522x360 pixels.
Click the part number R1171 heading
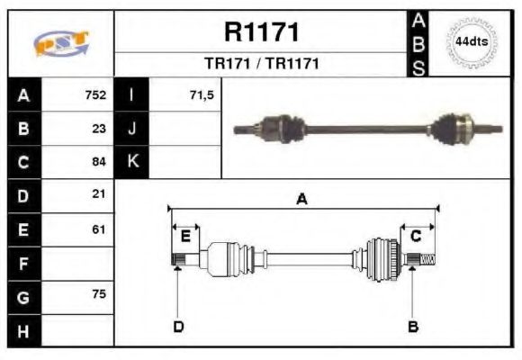(x=261, y=32)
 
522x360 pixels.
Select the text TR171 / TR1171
(x=261, y=64)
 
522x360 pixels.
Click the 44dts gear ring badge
(x=471, y=42)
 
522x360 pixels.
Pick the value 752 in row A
(x=95, y=94)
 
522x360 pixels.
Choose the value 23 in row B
(x=99, y=128)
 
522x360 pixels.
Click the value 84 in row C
(x=99, y=162)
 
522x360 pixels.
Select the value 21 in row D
(x=99, y=194)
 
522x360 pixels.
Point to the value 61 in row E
(x=99, y=229)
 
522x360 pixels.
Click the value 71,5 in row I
(x=202, y=94)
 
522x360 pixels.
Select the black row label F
(x=23, y=264)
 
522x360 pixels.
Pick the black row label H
(x=23, y=331)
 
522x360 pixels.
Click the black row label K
(x=132, y=162)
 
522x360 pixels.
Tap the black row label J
(x=132, y=128)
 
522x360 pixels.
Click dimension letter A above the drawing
(x=302, y=199)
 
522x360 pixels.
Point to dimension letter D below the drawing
(x=178, y=326)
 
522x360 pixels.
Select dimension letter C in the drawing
(x=416, y=236)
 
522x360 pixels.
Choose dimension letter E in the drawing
(x=185, y=236)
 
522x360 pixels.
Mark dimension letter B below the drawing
(x=413, y=326)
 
